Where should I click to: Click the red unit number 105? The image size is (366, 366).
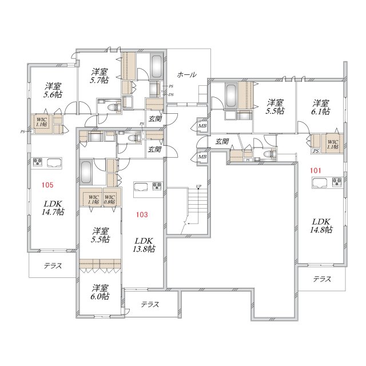[48, 184]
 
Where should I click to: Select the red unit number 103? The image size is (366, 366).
[142, 214]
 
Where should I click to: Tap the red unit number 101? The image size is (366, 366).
[315, 170]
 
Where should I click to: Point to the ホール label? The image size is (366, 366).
[186, 75]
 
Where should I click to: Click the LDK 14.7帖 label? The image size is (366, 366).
[52, 207]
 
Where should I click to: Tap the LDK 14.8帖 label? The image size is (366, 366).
[322, 225]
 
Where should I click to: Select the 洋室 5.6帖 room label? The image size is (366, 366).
[53, 90]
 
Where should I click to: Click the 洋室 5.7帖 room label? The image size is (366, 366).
[100, 76]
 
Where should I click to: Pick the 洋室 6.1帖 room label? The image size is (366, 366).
[321, 107]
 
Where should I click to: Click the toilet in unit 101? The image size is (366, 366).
[270, 154]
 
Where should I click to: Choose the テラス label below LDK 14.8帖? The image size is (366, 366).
[322, 279]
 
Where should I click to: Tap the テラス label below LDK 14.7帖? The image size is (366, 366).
[53, 266]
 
